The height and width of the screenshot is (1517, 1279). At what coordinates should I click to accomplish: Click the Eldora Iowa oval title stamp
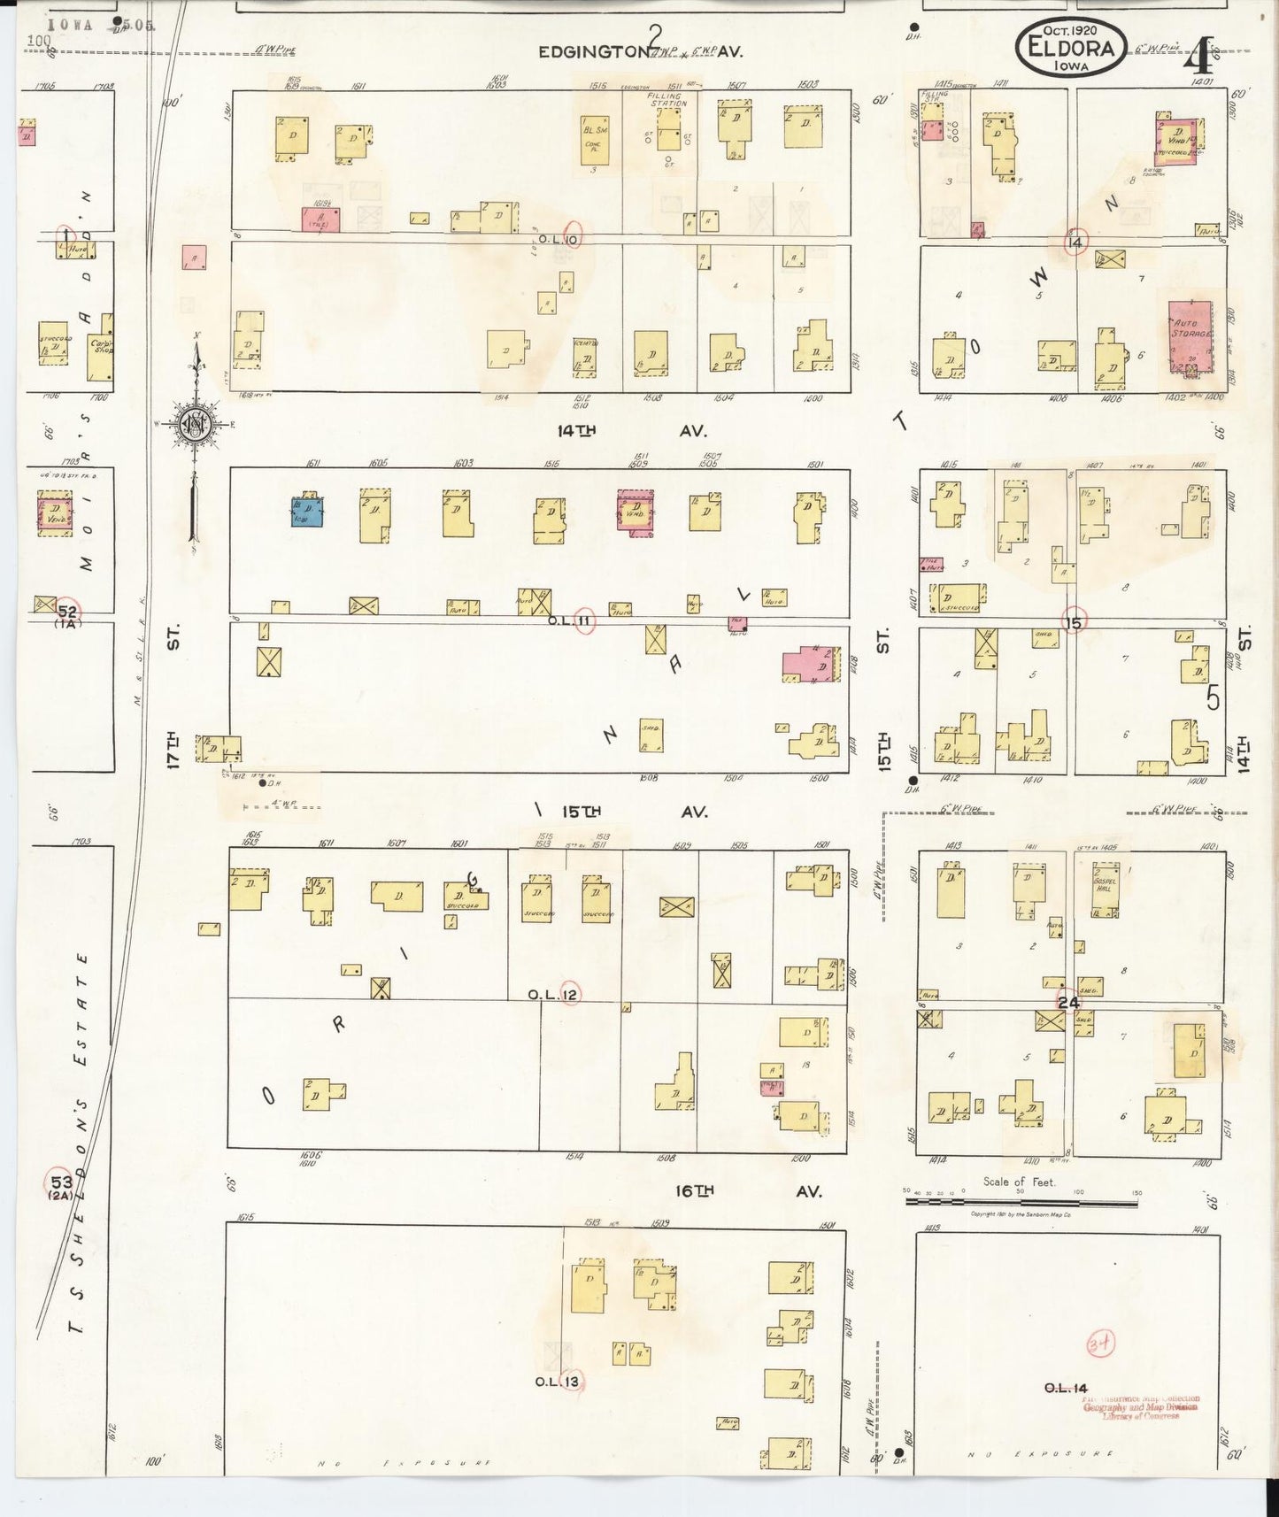pyautogui.click(x=1071, y=48)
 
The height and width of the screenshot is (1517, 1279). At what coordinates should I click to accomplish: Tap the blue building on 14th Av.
pyautogui.click(x=307, y=512)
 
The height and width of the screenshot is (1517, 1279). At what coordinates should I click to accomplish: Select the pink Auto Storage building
pyautogui.click(x=1190, y=335)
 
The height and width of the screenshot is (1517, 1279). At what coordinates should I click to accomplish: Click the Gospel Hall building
pyautogui.click(x=1103, y=888)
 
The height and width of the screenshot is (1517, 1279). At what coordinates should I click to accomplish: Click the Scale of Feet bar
pyautogui.click(x=1021, y=1202)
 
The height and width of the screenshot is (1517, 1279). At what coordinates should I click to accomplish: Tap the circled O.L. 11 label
pyautogui.click(x=583, y=621)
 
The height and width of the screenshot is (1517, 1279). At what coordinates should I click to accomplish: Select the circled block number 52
pyautogui.click(x=67, y=610)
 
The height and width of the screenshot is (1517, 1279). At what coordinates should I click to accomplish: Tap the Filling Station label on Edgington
pyautogui.click(x=666, y=100)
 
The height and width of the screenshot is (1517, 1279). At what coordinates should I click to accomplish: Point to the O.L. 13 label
pyautogui.click(x=558, y=1382)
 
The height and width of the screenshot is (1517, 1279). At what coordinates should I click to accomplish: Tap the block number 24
pyautogui.click(x=1069, y=1002)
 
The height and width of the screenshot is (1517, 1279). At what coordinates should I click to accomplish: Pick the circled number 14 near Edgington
pyautogui.click(x=1075, y=242)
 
